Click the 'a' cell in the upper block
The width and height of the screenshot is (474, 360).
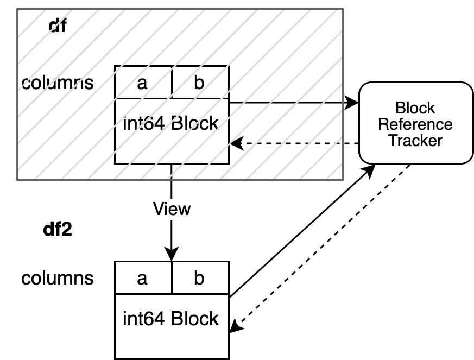(x=143, y=83)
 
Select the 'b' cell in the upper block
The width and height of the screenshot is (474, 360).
(x=199, y=83)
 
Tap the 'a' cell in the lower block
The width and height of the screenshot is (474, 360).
(x=143, y=279)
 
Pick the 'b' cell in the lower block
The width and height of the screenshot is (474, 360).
(x=199, y=279)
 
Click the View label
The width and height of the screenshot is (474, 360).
(x=172, y=209)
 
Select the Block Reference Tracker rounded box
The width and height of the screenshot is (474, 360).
(x=415, y=123)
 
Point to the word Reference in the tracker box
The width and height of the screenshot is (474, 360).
(x=415, y=124)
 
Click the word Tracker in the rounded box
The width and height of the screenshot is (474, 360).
(x=415, y=141)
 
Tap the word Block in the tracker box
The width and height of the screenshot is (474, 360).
(x=415, y=108)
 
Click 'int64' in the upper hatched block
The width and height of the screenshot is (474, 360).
(x=145, y=124)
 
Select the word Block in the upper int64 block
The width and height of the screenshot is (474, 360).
(x=195, y=124)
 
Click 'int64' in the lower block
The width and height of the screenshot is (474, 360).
(x=145, y=318)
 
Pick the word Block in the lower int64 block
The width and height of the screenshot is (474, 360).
(x=195, y=318)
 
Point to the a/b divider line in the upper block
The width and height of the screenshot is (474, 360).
(x=172, y=83)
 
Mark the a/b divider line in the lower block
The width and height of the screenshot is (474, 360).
(x=172, y=279)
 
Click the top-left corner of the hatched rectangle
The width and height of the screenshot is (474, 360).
(x=17, y=9)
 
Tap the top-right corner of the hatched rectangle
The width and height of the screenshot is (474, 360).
(x=343, y=9)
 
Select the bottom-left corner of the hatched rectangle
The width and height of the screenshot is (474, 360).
(x=17, y=180)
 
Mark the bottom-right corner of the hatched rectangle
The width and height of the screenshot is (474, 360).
(x=343, y=180)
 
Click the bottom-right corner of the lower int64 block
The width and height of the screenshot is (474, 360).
(x=227, y=357)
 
